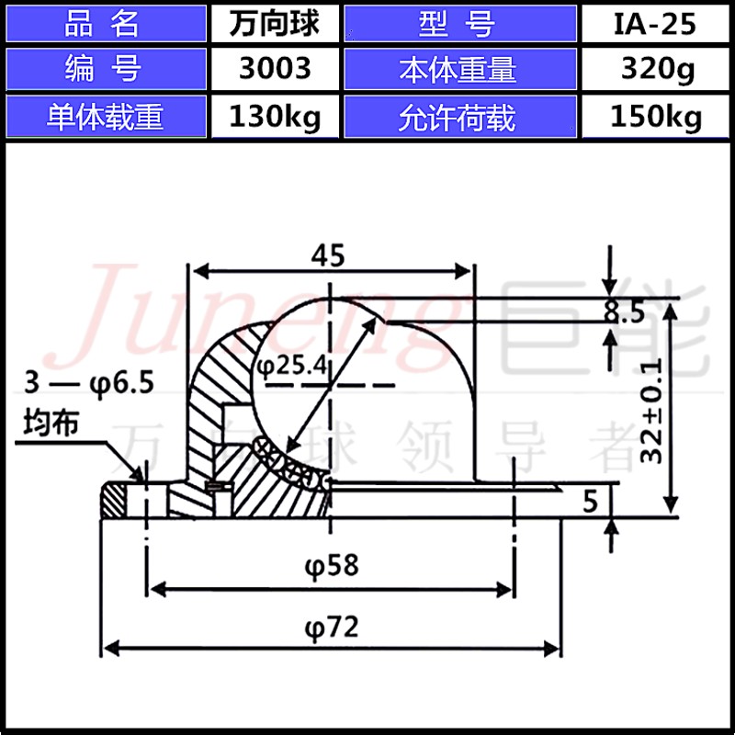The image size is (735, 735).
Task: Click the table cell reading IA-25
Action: [x=655, y=24]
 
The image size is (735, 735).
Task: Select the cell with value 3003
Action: [x=275, y=68]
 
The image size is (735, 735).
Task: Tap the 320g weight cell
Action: [x=655, y=68]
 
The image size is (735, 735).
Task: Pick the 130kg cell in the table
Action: [x=275, y=117]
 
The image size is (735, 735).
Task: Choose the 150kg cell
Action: [x=655, y=117]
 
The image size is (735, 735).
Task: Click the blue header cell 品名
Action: [x=106, y=24]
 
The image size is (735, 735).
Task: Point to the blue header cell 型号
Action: [x=460, y=24]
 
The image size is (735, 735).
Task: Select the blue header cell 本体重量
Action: [x=460, y=68]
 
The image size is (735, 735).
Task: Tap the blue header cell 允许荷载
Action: [x=460, y=117]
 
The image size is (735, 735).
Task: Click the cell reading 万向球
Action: [x=275, y=24]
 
